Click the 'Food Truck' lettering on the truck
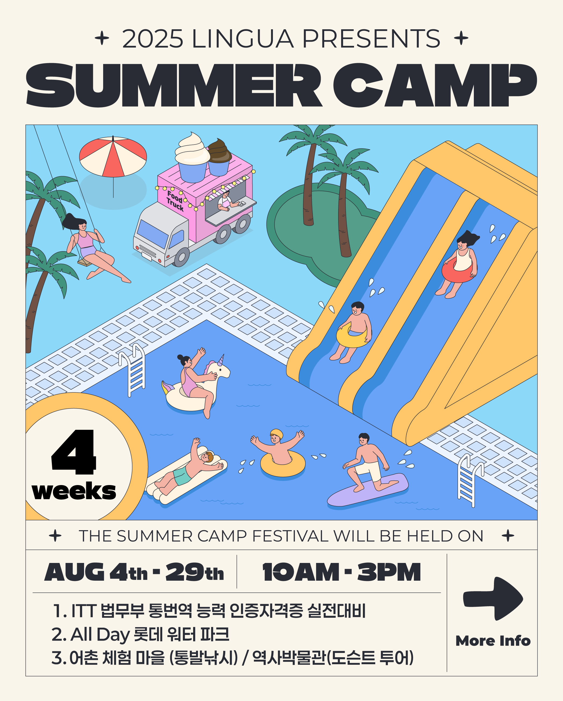tap(175, 201)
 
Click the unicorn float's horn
tap(222, 360)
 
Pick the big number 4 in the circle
tap(74, 452)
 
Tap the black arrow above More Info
tap(493, 599)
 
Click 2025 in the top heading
tap(153, 39)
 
